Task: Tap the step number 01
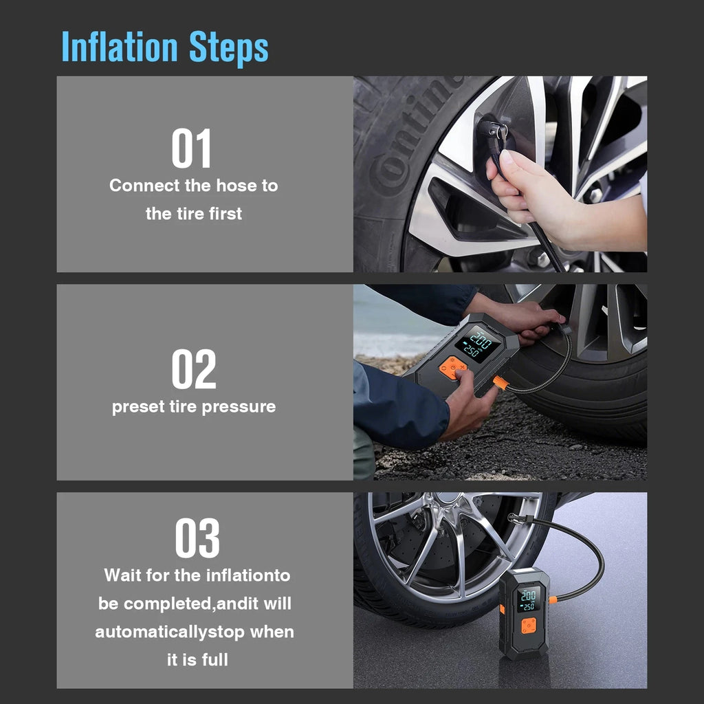pyautogui.click(x=192, y=148)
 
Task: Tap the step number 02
pyautogui.click(x=193, y=370)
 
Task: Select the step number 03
pyautogui.click(x=197, y=539)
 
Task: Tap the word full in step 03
pyautogui.click(x=215, y=660)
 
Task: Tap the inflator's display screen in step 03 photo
pyautogui.click(x=528, y=599)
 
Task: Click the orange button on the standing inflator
pyautogui.click(x=529, y=626)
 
